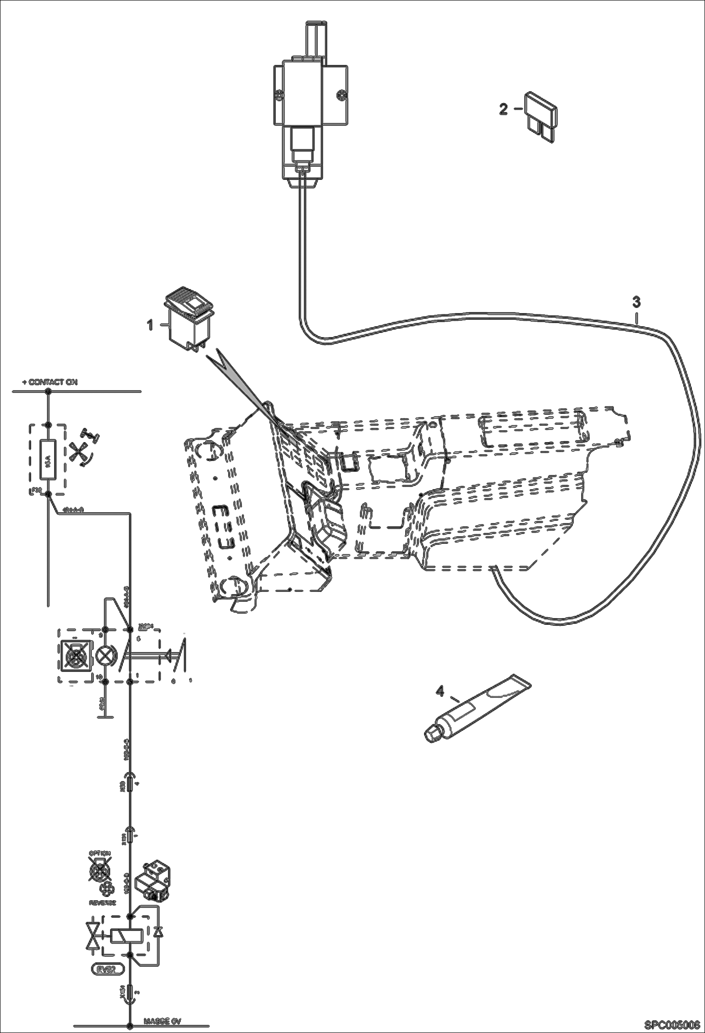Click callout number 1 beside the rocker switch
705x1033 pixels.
[150, 325]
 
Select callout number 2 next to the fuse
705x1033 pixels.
[504, 109]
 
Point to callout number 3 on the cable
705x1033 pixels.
[636, 302]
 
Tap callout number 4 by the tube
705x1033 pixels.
[440, 691]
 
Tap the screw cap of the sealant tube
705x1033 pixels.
[431, 735]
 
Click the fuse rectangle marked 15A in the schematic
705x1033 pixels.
[48, 459]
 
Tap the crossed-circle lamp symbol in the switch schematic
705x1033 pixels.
[105, 655]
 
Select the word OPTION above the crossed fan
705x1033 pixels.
[99, 854]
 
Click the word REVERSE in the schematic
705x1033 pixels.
[102, 903]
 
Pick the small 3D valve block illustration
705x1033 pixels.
[153, 881]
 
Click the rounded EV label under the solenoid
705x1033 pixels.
[107, 969]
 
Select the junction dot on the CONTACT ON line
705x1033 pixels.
[48, 391]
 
